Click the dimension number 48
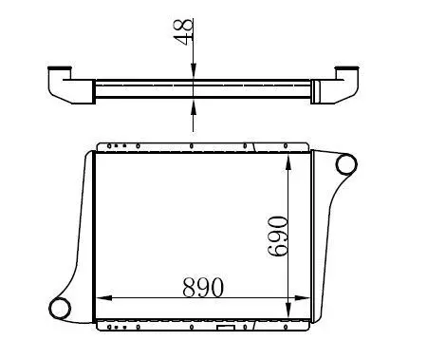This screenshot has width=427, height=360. click(x=183, y=31)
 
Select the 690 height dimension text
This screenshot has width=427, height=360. click(x=277, y=236)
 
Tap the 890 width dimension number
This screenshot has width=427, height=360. click(x=203, y=287)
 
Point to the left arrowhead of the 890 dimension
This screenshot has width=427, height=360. click(x=103, y=298)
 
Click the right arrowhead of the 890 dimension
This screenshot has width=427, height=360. click(x=302, y=298)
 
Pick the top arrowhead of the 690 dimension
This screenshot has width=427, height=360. click(x=288, y=162)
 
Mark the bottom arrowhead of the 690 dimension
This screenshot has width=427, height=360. click(x=288, y=310)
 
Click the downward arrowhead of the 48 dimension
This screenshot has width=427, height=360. click(x=194, y=71)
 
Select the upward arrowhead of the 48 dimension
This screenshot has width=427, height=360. click(x=194, y=107)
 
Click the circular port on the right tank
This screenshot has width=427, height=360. click(x=346, y=164)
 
